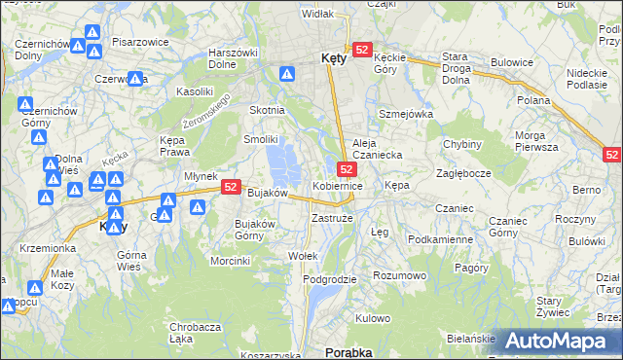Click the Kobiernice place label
click(338, 185)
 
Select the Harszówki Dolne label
click(232, 58)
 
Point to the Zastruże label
click(332, 219)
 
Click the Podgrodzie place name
click(330, 279)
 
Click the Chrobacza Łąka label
click(194, 333)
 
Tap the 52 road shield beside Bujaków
click(231, 186)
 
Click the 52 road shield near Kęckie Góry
click(362, 49)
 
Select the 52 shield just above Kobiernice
click(347, 168)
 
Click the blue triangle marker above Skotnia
click(287, 73)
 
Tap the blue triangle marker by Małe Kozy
click(35, 288)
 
